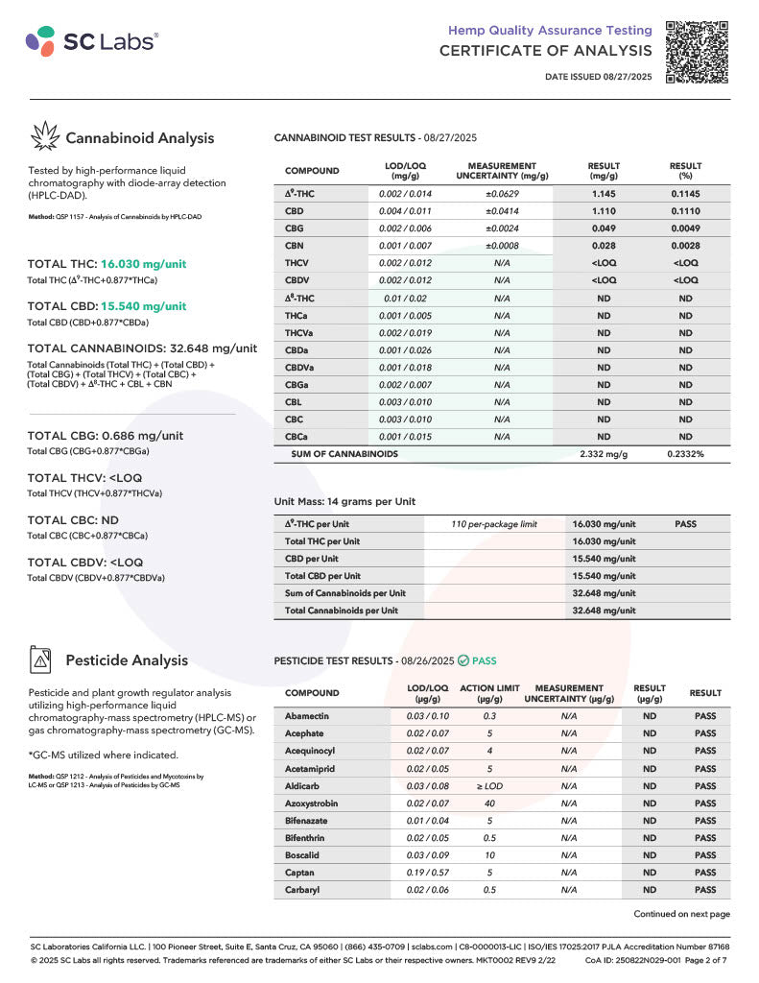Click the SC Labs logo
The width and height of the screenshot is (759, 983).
(92, 40)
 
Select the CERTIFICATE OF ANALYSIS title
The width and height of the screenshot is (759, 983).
(545, 51)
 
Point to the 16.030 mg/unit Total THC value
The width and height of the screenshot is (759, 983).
(143, 264)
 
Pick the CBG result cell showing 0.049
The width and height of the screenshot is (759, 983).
(604, 228)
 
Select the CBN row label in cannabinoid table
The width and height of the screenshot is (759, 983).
(295, 246)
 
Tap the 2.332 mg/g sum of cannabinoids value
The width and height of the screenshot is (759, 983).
(604, 453)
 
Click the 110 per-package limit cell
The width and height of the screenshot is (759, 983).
(494, 524)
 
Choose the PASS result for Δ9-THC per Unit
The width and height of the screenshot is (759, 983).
(685, 524)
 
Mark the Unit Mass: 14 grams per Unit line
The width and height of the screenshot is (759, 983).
(344, 501)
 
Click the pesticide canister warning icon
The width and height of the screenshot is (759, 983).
(42, 660)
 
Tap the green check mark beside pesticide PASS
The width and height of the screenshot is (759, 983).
(463, 660)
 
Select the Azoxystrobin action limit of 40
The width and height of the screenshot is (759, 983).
(489, 803)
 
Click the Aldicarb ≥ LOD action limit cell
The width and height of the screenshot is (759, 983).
(489, 786)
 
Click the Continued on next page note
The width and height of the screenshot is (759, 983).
(681, 914)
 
